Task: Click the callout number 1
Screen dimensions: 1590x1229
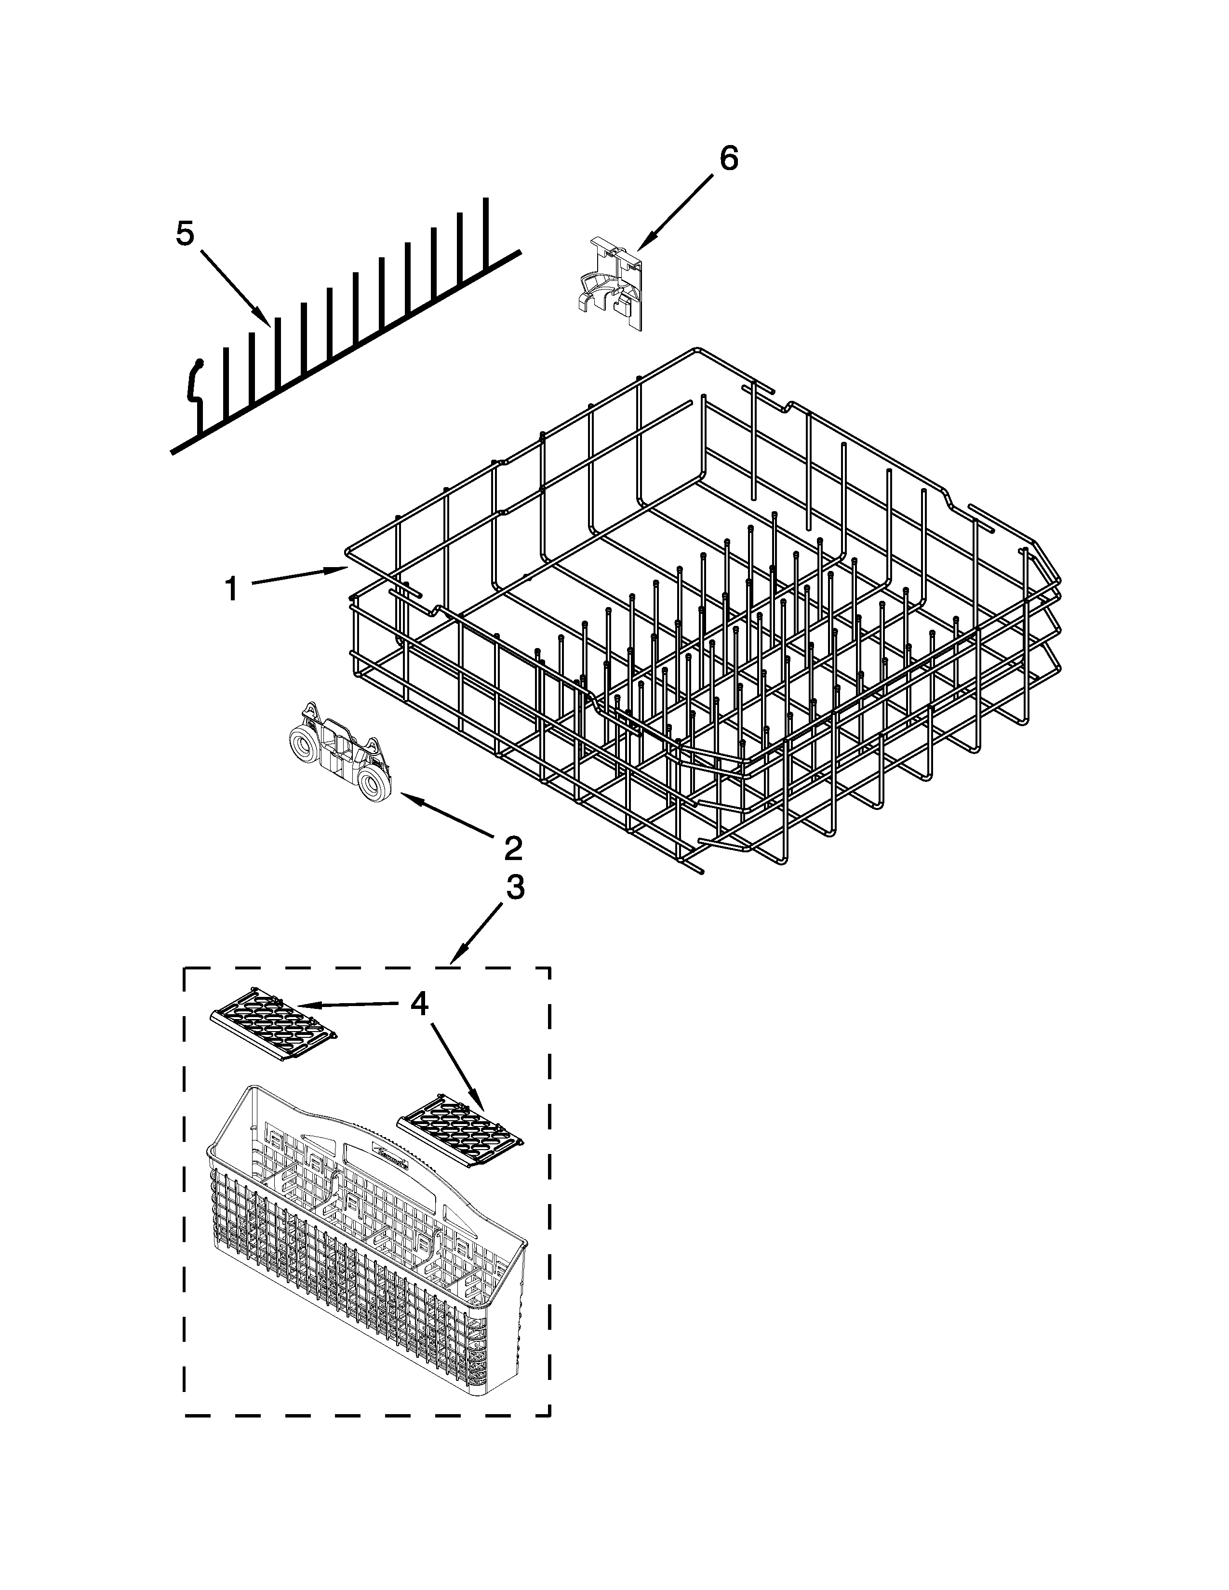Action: click(x=231, y=589)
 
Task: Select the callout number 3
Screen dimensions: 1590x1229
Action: click(x=514, y=888)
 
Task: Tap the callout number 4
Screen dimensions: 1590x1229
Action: click(x=419, y=1005)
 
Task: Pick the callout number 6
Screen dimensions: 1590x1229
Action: click(x=729, y=158)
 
